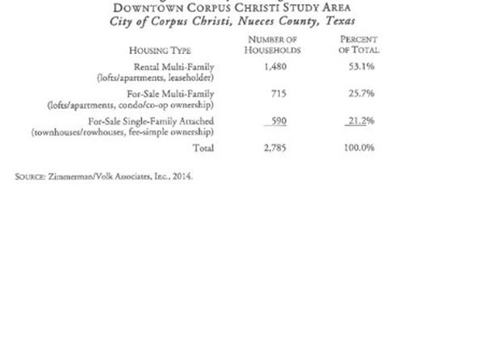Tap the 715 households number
tap(275, 94)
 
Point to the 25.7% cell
tap(360, 94)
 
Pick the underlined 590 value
tap(275, 122)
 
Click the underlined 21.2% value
tap(360, 122)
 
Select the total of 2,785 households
tap(275, 149)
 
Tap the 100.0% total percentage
tap(359, 149)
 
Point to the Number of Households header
tap(274, 44)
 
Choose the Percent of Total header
tap(360, 44)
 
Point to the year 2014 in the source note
tap(183, 175)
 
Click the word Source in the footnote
tap(31, 175)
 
